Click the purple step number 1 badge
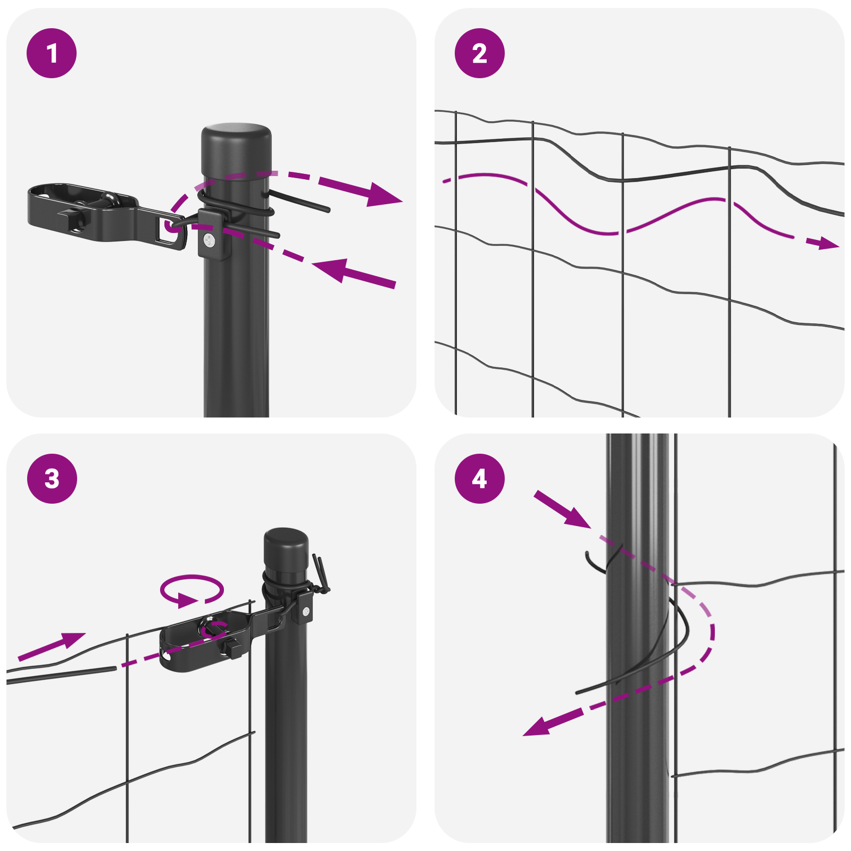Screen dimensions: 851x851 tap(52, 53)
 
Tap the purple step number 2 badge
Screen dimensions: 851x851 tap(479, 53)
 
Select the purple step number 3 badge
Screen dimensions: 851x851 tap(52, 478)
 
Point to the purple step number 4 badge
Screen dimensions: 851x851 tap(479, 478)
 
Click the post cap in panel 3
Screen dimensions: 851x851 tap(286, 548)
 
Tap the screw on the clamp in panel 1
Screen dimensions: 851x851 tap(210, 241)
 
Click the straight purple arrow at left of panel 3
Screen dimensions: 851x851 tap(53, 646)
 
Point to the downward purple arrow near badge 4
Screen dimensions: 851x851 tap(564, 510)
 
